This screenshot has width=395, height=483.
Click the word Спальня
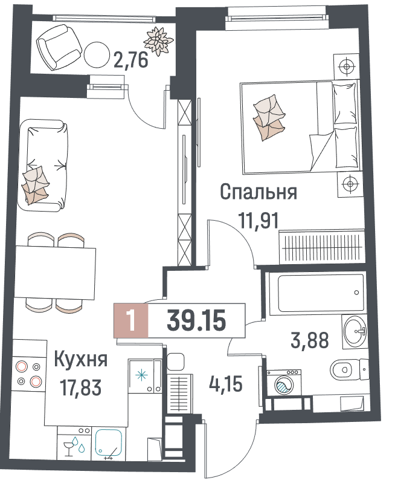[259, 192]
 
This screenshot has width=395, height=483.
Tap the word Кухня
[81, 359]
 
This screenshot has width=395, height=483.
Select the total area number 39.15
[196, 320]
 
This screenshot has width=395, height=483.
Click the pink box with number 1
[131, 320]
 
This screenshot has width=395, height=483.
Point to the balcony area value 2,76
[131, 59]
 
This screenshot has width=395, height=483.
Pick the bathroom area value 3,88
[310, 340]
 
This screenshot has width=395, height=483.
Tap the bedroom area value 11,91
[259, 221]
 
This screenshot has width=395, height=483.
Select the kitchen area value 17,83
[81, 387]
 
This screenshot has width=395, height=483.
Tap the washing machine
[283, 383]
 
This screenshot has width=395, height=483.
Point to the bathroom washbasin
[354, 332]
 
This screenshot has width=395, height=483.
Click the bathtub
[317, 293]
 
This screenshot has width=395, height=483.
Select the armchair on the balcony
[59, 47]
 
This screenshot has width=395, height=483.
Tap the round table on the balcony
[97, 55]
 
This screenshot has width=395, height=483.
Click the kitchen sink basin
[109, 442]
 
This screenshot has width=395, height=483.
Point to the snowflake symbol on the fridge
[141, 375]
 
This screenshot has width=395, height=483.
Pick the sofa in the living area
[43, 166]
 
